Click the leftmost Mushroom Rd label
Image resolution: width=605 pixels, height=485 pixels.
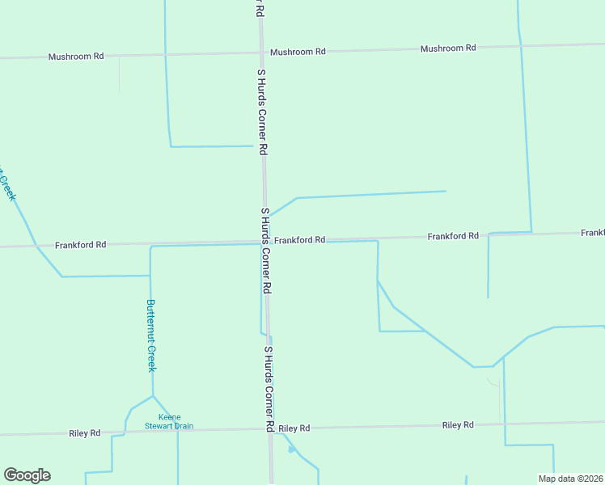[x=76, y=57]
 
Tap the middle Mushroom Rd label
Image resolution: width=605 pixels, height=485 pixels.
[x=298, y=52]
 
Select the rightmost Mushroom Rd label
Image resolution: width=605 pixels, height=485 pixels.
[x=447, y=48]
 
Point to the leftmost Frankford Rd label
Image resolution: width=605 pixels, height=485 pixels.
[x=81, y=244]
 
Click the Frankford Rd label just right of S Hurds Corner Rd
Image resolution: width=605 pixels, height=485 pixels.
[x=299, y=240]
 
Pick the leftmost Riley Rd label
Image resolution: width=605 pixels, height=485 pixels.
[x=85, y=433]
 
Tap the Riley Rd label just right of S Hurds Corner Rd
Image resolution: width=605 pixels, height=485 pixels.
[x=294, y=428]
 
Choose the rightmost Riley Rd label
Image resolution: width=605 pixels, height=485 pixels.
[x=457, y=424]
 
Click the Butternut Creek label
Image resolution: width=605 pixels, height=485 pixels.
[x=150, y=335]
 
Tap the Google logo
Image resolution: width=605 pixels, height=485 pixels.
[x=27, y=475]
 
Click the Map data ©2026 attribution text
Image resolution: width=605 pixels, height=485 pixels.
[x=570, y=479]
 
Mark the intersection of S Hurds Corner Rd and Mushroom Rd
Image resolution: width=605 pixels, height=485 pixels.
[x=261, y=53]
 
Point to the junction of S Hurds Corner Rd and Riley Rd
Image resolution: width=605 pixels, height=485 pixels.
[x=270, y=428]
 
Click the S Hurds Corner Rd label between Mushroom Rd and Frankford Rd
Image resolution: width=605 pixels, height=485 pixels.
[x=261, y=112]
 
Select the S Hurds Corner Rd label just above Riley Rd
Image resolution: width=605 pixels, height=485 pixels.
[x=269, y=389]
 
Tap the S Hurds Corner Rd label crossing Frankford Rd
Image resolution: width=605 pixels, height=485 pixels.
[x=265, y=251]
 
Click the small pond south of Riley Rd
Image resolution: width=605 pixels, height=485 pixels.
[x=291, y=449]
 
